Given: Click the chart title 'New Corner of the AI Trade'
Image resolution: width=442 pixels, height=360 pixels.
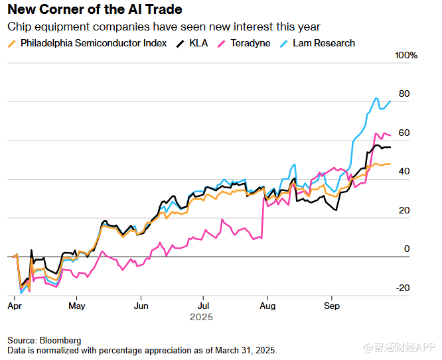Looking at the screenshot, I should [x=94, y=10].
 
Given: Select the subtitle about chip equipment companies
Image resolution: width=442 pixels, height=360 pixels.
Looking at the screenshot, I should [x=163, y=27].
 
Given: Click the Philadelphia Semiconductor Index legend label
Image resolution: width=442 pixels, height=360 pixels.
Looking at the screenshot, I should [x=94, y=43].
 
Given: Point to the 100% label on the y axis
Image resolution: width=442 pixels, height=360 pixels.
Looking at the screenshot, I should [x=406, y=55].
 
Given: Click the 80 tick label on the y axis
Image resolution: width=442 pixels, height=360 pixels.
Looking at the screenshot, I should [x=404, y=94].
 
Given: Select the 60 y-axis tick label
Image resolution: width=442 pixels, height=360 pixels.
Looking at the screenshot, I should [x=404, y=133].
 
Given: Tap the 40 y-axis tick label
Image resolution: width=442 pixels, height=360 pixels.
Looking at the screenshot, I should [x=404, y=172].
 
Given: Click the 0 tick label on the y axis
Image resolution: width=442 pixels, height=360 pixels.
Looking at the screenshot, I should [x=407, y=249].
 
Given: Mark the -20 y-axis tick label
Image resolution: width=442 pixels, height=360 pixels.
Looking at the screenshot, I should [x=403, y=288].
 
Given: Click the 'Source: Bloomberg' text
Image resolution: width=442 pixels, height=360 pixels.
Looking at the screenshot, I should [x=44, y=340].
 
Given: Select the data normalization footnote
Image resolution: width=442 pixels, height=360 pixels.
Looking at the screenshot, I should [x=142, y=349].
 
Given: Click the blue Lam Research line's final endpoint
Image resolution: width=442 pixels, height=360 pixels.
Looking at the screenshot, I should [x=390, y=101].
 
